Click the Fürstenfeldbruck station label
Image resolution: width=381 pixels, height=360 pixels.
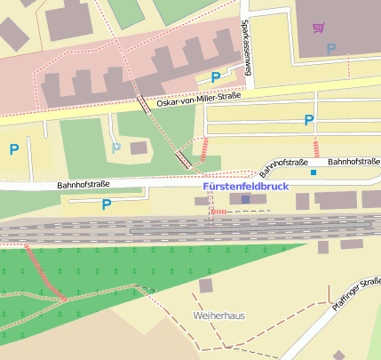click(x=246, y=188)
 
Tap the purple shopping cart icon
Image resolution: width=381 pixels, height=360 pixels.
click(x=318, y=28)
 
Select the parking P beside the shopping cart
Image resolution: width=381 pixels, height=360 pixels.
click(x=331, y=49)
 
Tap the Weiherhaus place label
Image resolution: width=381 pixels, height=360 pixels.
click(x=218, y=316)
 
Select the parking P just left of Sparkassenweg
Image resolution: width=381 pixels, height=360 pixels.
click(x=215, y=78)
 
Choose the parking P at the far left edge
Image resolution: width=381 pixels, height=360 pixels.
click(x=13, y=149)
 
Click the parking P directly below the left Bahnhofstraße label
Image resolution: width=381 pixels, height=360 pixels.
click(x=107, y=204)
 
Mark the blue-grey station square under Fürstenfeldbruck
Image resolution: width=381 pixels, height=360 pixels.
click(x=246, y=201)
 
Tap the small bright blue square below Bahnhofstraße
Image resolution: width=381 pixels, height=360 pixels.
click(x=313, y=172)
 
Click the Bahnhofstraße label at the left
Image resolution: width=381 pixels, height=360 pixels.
click(x=83, y=185)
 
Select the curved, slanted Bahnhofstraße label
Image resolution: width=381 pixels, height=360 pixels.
click(x=283, y=166)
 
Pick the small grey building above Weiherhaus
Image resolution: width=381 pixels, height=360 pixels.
click(x=206, y=285)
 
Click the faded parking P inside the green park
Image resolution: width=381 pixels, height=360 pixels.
click(x=115, y=147)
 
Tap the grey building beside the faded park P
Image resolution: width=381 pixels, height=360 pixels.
click(x=139, y=148)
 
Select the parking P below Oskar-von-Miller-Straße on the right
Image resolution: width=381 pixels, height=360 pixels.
click(x=308, y=120)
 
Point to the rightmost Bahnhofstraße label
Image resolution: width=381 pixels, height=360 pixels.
click(x=353, y=162)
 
